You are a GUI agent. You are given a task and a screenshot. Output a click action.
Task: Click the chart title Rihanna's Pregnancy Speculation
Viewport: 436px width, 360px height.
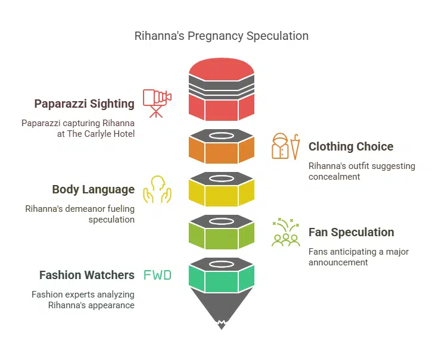tap(222, 36)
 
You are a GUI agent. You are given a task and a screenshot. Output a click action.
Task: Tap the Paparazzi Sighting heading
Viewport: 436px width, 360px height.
tap(84, 104)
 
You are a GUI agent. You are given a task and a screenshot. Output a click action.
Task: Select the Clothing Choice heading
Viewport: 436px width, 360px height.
tap(351, 146)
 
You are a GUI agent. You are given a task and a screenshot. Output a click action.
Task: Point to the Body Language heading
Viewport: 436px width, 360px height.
tap(93, 189)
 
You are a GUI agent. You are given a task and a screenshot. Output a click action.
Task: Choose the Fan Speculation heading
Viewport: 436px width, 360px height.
tap(351, 232)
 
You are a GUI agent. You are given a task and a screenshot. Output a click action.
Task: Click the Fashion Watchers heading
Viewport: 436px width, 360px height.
tap(86, 275)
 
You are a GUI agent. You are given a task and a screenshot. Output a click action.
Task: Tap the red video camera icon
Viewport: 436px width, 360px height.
tap(157, 102)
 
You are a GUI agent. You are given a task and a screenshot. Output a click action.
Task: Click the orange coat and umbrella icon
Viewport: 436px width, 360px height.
tap(286, 146)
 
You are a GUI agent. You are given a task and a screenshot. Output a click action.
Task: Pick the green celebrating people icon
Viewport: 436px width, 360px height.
tap(285, 233)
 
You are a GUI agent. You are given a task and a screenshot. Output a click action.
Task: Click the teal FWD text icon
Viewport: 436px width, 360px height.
tap(157, 275)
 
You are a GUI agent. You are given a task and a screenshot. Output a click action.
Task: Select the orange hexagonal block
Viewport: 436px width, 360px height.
tap(222, 151)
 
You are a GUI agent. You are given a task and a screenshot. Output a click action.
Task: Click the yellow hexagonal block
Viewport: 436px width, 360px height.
tap(222, 193)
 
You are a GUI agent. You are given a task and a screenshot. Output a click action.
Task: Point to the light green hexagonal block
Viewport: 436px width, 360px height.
tap(222, 236)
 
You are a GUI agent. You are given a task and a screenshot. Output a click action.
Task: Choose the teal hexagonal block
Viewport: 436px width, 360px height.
tap(222, 279)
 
